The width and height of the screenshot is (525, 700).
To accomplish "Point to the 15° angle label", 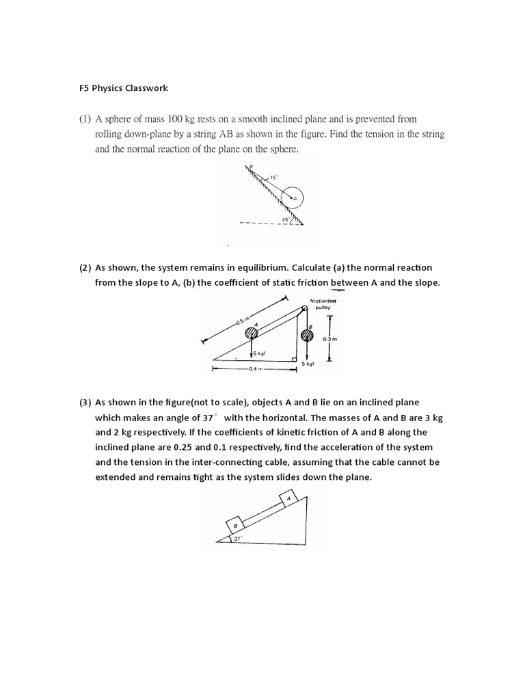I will click(273, 177).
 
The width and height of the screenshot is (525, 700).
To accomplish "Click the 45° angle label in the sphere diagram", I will click(286, 219).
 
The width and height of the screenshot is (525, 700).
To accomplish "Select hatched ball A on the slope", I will click(252, 333).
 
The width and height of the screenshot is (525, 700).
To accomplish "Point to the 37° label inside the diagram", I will click(238, 539).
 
